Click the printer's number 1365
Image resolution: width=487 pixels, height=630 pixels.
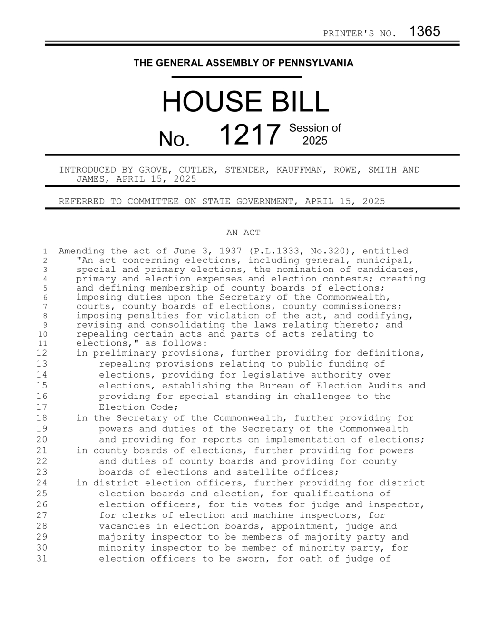coord(425,31)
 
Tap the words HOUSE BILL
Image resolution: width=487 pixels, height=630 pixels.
coord(245,101)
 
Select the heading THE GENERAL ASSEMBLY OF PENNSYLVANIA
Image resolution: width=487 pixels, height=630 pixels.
coord(243,63)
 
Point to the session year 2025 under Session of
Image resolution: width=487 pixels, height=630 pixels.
coord(315,141)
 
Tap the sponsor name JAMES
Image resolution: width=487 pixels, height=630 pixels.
coord(90,179)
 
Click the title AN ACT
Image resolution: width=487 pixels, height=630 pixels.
coord(243,233)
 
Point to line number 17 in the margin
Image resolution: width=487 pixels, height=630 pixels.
coord(41,407)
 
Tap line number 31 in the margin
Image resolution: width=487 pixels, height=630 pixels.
coord(41,559)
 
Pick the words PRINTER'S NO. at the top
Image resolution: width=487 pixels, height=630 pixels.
coord(360,33)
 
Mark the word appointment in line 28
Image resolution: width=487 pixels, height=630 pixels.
coord(305,526)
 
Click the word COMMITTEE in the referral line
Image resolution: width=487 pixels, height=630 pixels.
coord(156,201)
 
